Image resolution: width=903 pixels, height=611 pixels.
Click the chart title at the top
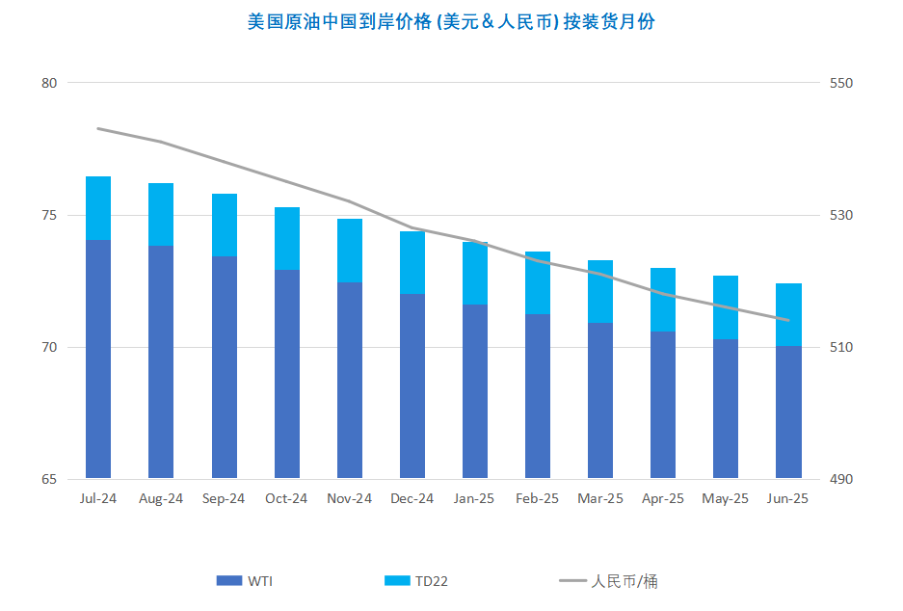click(x=451, y=21)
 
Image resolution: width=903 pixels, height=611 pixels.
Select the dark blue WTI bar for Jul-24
click(x=98, y=359)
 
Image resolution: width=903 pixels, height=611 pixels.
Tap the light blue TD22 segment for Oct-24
click(x=287, y=238)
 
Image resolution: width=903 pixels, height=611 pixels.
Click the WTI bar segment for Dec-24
click(x=412, y=385)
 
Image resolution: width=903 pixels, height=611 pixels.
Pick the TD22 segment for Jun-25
click(x=789, y=314)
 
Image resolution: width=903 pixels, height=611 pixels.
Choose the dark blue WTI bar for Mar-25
click(x=600, y=400)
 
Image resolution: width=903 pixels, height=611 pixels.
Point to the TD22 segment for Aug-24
click(x=161, y=214)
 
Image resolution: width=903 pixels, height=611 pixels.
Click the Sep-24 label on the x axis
click(x=224, y=498)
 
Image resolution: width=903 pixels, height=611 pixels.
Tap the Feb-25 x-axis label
click(x=538, y=498)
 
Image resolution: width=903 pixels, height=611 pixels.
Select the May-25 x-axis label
click(x=726, y=498)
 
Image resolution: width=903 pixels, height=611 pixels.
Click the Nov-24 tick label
click(x=350, y=498)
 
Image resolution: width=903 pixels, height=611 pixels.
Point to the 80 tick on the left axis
click(x=49, y=83)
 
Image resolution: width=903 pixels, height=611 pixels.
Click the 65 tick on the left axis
click(x=49, y=479)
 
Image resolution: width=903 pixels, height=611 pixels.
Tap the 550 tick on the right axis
click(x=841, y=83)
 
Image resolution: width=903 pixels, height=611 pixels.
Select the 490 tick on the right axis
click(x=841, y=479)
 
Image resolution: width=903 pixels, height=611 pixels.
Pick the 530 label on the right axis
click(x=841, y=215)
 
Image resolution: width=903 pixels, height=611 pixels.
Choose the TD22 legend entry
click(x=416, y=580)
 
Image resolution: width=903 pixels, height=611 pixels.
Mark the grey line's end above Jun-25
click(x=789, y=320)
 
